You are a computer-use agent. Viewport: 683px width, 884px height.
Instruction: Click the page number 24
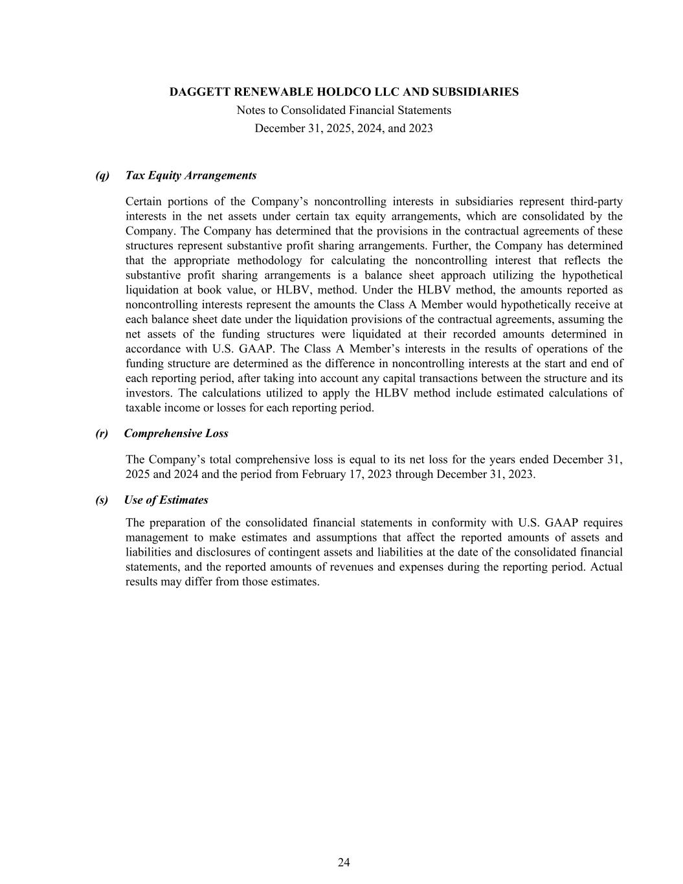[344, 862]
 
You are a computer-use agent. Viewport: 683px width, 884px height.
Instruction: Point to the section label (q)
[102, 176]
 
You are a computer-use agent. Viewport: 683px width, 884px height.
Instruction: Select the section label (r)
[102, 433]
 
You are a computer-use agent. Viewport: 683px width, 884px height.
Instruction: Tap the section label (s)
[102, 500]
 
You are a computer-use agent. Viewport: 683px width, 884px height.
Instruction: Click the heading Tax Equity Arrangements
[191, 176]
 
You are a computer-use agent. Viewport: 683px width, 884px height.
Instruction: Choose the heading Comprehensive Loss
[176, 433]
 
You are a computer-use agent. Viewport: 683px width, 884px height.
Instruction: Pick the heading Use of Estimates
[166, 500]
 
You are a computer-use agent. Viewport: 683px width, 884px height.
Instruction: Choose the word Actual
[607, 567]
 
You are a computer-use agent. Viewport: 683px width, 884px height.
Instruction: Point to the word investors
[150, 393]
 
